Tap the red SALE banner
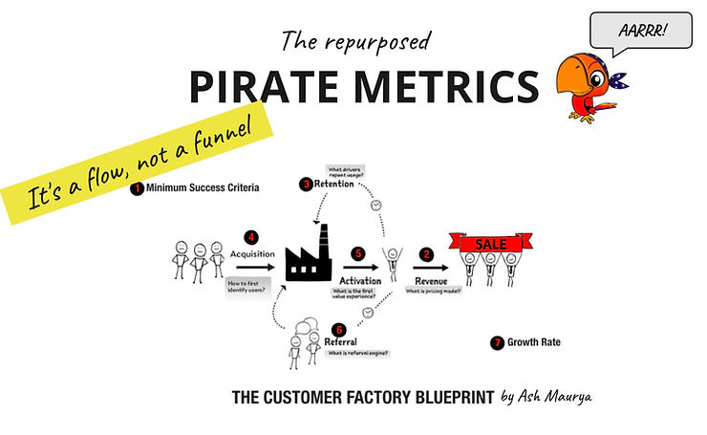tap(491, 245)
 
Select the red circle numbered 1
tap(138, 188)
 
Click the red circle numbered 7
tap(497, 341)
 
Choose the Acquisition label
tap(252, 254)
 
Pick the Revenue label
tap(433, 280)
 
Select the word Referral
tap(340, 340)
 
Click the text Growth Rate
tap(534, 341)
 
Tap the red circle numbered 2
tap(425, 254)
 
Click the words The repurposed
tap(355, 42)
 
